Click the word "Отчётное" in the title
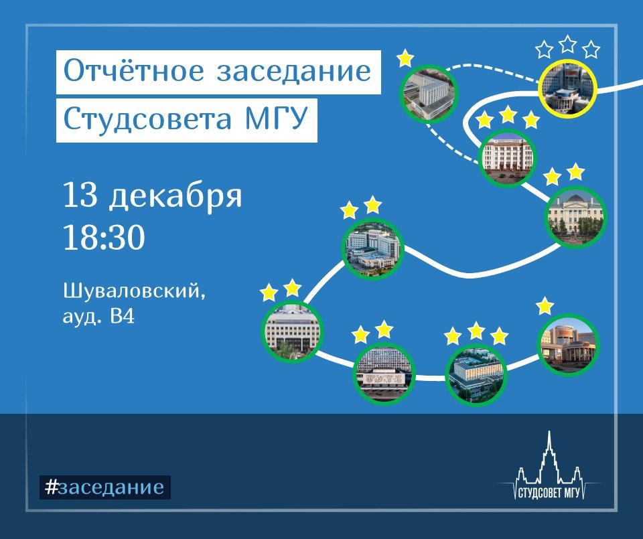[134, 70]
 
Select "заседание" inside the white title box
[293, 72]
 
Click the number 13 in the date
[80, 195]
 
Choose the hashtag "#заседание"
[105, 487]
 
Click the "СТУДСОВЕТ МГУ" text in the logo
[549, 493]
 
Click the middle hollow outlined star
[567, 44]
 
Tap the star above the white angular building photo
[405, 58]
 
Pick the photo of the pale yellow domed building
[576, 216]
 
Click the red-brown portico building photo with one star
[568, 345]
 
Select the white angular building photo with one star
[429, 94]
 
